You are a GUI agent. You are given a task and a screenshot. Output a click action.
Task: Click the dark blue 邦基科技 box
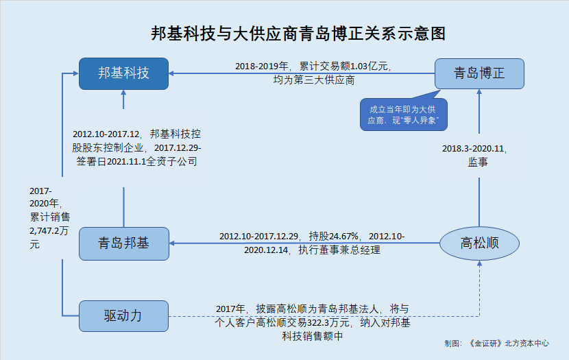click(x=124, y=73)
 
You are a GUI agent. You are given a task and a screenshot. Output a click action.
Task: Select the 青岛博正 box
click(x=479, y=73)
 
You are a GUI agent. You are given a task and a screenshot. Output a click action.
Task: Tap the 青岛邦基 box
click(x=124, y=243)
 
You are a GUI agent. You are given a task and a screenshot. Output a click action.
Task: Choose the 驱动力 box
click(x=124, y=315)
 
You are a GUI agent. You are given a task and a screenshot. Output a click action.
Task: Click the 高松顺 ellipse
click(x=479, y=243)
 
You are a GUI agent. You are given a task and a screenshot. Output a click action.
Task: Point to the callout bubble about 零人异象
click(x=404, y=115)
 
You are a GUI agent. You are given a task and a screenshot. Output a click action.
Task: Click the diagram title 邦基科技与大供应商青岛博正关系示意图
click(x=298, y=34)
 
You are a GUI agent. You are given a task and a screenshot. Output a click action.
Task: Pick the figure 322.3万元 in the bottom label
click(x=328, y=322)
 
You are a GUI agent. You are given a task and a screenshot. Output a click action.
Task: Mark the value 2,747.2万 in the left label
click(x=49, y=231)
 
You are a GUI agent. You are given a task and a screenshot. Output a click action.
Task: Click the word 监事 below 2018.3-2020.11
click(x=478, y=162)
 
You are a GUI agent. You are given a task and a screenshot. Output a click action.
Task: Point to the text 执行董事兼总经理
click(x=339, y=250)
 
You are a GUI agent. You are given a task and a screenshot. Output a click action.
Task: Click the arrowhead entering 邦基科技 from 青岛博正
click(x=171, y=73)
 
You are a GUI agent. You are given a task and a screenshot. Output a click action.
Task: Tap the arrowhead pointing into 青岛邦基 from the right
click(x=172, y=243)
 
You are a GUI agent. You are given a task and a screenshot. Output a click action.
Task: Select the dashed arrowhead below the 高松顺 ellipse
click(x=479, y=263)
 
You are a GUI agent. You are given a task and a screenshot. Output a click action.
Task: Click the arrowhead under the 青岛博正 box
click(x=479, y=92)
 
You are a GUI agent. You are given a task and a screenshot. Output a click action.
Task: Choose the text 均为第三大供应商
click(x=314, y=80)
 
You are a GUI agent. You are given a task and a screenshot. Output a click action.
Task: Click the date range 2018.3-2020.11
click(x=473, y=148)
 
